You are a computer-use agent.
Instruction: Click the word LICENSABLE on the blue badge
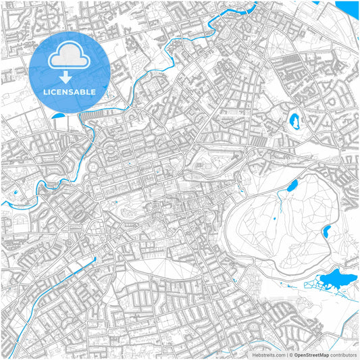coord(70,91)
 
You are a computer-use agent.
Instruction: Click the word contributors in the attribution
coord(343,354)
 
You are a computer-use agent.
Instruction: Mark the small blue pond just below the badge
coord(56,115)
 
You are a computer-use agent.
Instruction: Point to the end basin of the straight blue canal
coord(95,259)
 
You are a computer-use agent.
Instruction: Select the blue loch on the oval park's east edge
coord(326,232)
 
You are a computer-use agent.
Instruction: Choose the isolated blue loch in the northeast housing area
coord(294,122)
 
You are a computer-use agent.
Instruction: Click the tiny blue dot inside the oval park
coord(276,218)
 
